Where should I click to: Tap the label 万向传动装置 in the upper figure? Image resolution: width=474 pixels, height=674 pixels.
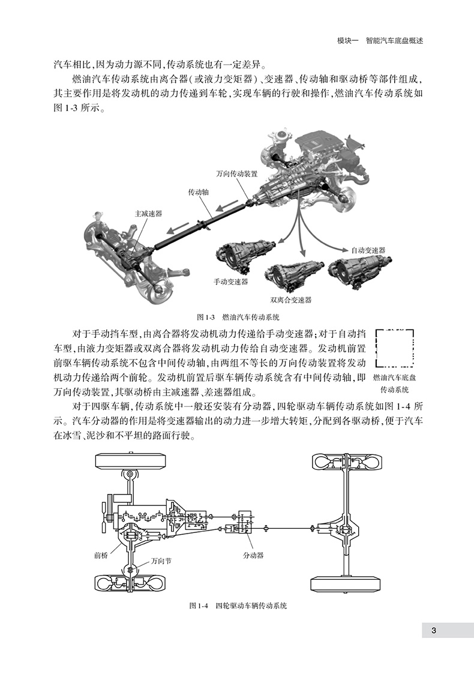[237, 174]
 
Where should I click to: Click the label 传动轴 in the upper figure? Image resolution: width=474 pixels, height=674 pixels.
[199, 192]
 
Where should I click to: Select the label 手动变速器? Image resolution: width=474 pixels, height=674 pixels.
[231, 281]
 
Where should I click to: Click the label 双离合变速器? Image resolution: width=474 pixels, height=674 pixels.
[291, 299]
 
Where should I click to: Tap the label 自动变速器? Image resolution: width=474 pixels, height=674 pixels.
[368, 250]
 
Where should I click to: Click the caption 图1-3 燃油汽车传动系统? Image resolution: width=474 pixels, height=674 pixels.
[239, 316]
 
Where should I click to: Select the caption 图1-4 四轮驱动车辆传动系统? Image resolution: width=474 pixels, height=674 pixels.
[238, 606]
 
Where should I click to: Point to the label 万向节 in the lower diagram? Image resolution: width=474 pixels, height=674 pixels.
[161, 561]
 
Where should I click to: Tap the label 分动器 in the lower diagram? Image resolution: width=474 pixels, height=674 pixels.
[253, 556]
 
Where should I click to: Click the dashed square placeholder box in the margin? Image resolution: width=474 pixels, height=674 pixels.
[395, 348]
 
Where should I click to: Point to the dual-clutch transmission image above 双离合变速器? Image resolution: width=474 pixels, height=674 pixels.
[294, 276]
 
